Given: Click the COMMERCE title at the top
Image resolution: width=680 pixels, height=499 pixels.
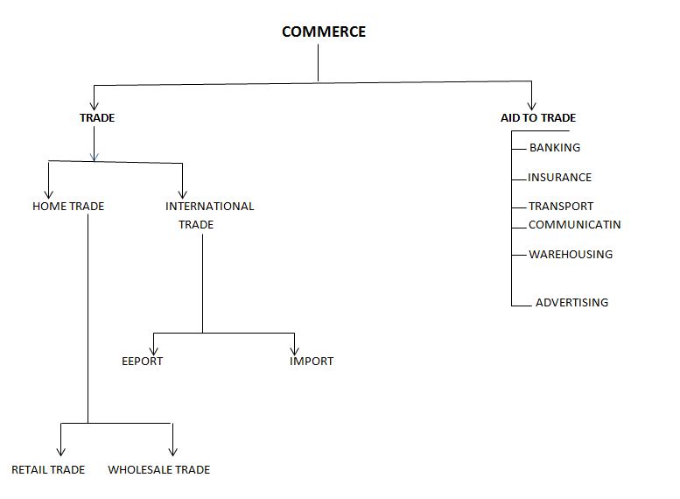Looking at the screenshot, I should click(x=324, y=32).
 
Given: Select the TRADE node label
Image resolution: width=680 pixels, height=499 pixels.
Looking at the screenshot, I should click(x=97, y=118).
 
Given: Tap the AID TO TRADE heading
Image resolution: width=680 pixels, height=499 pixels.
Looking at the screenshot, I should click(x=537, y=118).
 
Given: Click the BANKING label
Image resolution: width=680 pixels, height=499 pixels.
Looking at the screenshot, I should click(x=555, y=148).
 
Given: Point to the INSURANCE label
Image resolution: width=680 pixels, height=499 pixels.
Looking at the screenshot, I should click(x=559, y=178).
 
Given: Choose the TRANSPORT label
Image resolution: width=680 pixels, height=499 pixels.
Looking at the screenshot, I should click(x=561, y=207).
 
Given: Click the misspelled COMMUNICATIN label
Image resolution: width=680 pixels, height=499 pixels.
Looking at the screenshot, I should click(x=574, y=225).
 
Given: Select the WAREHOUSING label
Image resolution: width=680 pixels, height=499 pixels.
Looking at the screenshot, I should click(x=571, y=255).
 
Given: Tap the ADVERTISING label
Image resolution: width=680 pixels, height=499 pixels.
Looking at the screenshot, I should click(x=571, y=303).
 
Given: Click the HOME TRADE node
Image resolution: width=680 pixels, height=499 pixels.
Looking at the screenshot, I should click(x=68, y=207).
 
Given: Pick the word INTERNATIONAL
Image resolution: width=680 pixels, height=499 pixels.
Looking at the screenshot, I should click(x=210, y=207).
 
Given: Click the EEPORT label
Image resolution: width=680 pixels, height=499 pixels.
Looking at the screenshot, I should click(x=143, y=362).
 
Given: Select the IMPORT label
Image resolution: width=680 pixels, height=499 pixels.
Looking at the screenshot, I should click(x=312, y=362).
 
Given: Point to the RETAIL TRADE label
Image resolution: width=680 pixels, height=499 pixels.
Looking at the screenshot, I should click(x=48, y=470).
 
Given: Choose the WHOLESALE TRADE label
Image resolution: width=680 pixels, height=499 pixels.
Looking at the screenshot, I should click(x=159, y=470).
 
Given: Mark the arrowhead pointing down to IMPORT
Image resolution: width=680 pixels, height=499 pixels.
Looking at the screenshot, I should click(x=295, y=349).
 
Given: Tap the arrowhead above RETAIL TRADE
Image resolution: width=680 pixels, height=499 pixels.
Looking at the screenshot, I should click(x=60, y=452).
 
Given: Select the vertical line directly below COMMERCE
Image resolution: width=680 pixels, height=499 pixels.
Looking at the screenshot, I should click(x=318, y=63).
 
